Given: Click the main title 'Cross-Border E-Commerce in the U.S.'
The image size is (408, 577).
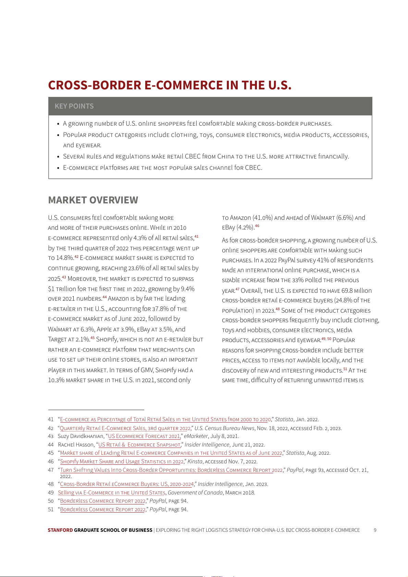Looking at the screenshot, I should tap(170, 85).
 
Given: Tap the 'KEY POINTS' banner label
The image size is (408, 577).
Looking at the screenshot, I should tap(74, 106).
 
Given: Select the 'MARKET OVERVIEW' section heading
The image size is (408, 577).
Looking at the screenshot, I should tap(93, 200).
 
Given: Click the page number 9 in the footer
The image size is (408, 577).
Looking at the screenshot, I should tap(375, 530).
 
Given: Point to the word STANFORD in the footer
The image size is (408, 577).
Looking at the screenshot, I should tap(60, 530).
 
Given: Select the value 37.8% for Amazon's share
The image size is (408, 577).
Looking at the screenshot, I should tap(160, 309).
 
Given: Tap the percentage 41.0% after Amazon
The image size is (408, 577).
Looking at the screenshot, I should tap(263, 218).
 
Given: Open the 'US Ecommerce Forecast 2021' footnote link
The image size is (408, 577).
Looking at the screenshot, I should tap(144, 436).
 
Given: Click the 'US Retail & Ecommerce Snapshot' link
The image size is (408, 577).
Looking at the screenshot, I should tap(139, 445).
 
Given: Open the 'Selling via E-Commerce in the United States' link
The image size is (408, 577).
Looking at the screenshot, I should tap(111, 493).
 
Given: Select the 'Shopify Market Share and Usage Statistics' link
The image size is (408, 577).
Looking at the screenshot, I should tap(122, 462).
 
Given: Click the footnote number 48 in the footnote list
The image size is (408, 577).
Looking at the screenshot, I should tap(51, 484).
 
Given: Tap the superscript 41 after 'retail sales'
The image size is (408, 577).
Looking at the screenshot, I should tap(196, 236).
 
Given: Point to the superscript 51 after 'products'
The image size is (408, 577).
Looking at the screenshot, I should tap(345, 369).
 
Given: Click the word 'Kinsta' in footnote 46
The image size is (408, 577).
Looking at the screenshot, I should tap(195, 462).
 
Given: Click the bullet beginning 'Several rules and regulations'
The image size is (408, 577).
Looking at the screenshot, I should tap(206, 156).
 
